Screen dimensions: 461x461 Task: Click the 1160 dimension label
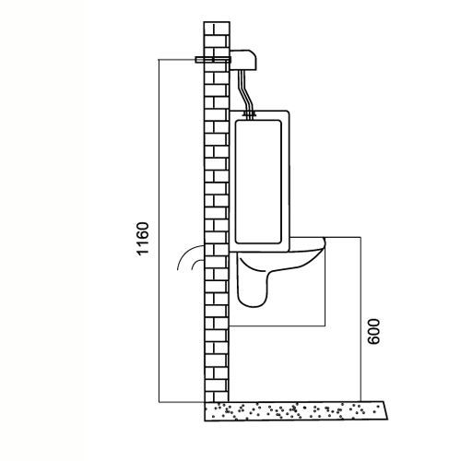143,239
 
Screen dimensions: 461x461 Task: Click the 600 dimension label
373,332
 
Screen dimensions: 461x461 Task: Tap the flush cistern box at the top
243,59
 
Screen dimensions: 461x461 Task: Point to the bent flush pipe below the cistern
246,90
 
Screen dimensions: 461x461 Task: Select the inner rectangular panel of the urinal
258,182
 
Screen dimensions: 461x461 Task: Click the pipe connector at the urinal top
249,114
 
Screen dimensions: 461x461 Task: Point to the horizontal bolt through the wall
213,60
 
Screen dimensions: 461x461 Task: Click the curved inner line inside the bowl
252,266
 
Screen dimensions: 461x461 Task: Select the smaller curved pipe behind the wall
196,264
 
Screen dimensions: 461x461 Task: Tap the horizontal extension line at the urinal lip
343,237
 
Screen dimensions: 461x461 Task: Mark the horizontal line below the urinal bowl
278,325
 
